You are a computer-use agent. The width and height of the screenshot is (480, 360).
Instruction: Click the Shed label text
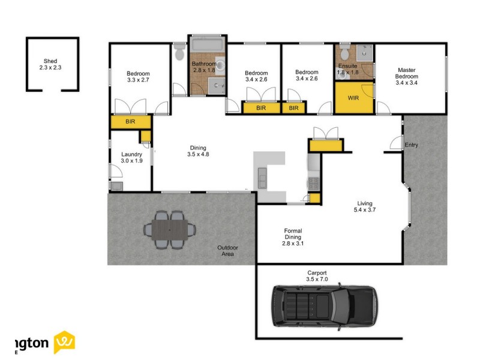click(x=50, y=64)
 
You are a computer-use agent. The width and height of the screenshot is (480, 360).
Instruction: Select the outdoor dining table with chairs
click(x=170, y=229)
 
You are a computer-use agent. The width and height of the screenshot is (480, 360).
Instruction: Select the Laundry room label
click(x=131, y=157)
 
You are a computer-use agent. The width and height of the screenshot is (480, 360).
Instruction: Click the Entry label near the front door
click(x=411, y=145)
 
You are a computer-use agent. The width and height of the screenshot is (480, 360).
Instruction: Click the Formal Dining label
click(x=293, y=237)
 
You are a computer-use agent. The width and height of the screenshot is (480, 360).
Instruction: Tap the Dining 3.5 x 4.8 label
click(x=199, y=151)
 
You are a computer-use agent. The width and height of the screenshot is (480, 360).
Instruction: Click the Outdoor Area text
click(x=227, y=251)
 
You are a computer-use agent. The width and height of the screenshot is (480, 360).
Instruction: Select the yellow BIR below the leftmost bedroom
click(x=130, y=122)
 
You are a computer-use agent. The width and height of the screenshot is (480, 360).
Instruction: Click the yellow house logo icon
click(x=65, y=343)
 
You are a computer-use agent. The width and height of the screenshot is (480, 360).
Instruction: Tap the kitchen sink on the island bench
click(x=263, y=177)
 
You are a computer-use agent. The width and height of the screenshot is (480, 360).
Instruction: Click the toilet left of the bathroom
click(x=179, y=53)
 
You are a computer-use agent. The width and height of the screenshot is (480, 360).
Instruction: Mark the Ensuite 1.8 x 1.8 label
click(x=347, y=69)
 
